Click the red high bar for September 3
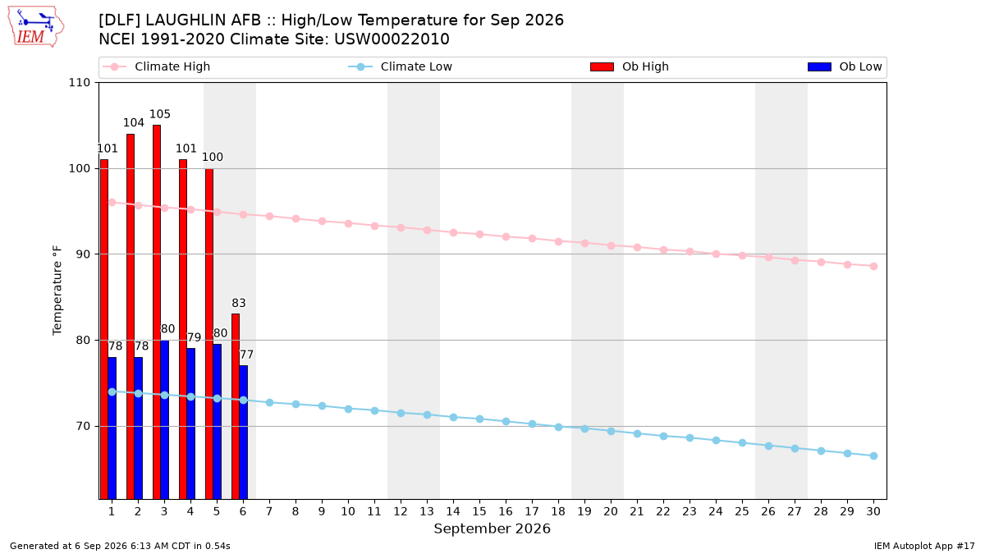click(157, 312)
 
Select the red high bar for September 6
click(236, 406)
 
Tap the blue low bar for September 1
click(112, 428)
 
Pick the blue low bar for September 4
click(190, 424)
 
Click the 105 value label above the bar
click(159, 114)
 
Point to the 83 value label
click(239, 303)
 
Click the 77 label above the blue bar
click(246, 355)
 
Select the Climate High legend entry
click(157, 66)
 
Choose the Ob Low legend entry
click(845, 66)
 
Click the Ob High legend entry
click(630, 66)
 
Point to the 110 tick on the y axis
click(79, 83)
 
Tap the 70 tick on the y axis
click(83, 426)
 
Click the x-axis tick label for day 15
click(479, 511)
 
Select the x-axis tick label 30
click(873, 511)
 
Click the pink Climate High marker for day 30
click(873, 267)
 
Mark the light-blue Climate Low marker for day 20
click(611, 432)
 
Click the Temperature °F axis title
click(57, 291)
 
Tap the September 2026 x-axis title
click(492, 529)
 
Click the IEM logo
click(35, 27)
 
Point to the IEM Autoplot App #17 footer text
click(924, 546)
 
